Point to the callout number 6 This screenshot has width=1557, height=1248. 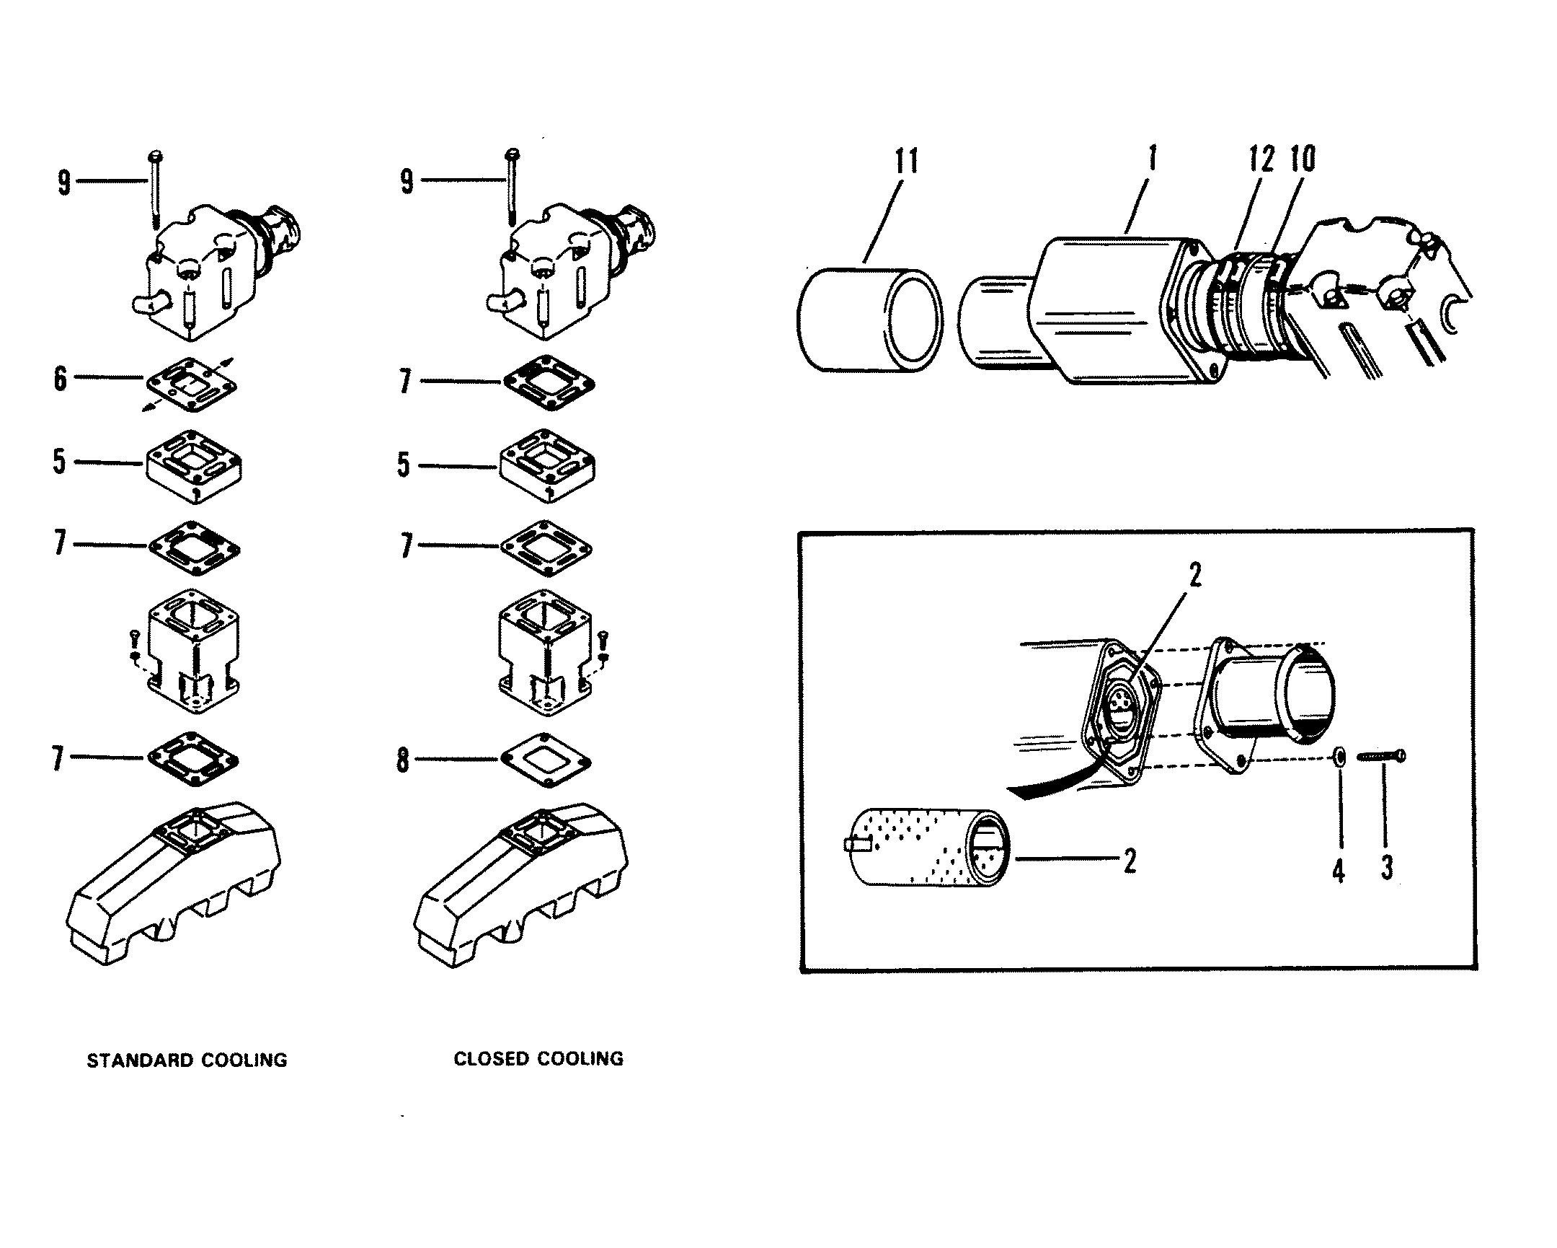click(61, 378)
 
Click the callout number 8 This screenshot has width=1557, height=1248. click(403, 761)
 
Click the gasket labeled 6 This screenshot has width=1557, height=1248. click(191, 384)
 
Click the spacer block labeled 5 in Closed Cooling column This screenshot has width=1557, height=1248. click(547, 465)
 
